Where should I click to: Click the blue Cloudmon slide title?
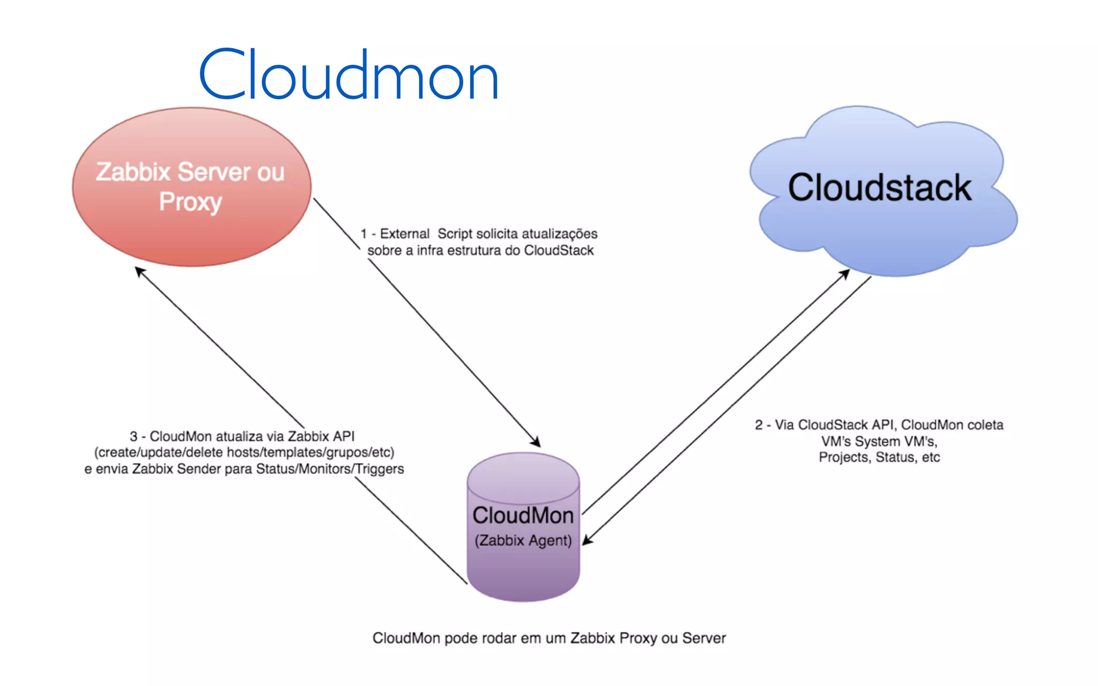(x=348, y=76)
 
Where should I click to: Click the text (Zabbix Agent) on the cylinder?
(x=523, y=540)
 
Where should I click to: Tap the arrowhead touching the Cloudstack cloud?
(x=845, y=273)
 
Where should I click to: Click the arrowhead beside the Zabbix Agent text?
(x=587, y=540)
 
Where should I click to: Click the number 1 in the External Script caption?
(x=364, y=234)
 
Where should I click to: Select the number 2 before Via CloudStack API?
(x=759, y=425)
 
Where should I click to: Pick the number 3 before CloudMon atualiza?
(x=133, y=436)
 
